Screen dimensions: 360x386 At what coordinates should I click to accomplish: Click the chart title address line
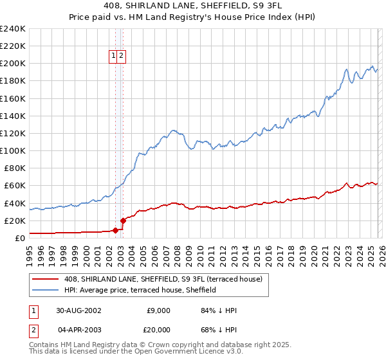point(192,6)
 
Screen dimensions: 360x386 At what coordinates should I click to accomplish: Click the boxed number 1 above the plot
point(113,57)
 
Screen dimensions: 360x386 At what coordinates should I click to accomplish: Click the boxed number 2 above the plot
point(121,57)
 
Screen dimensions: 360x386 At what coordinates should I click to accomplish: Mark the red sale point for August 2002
point(116,230)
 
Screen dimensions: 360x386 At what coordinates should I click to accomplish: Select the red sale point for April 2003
point(122,221)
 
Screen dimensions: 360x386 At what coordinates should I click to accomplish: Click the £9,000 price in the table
point(158,310)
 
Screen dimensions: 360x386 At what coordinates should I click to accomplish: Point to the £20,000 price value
point(156,330)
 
